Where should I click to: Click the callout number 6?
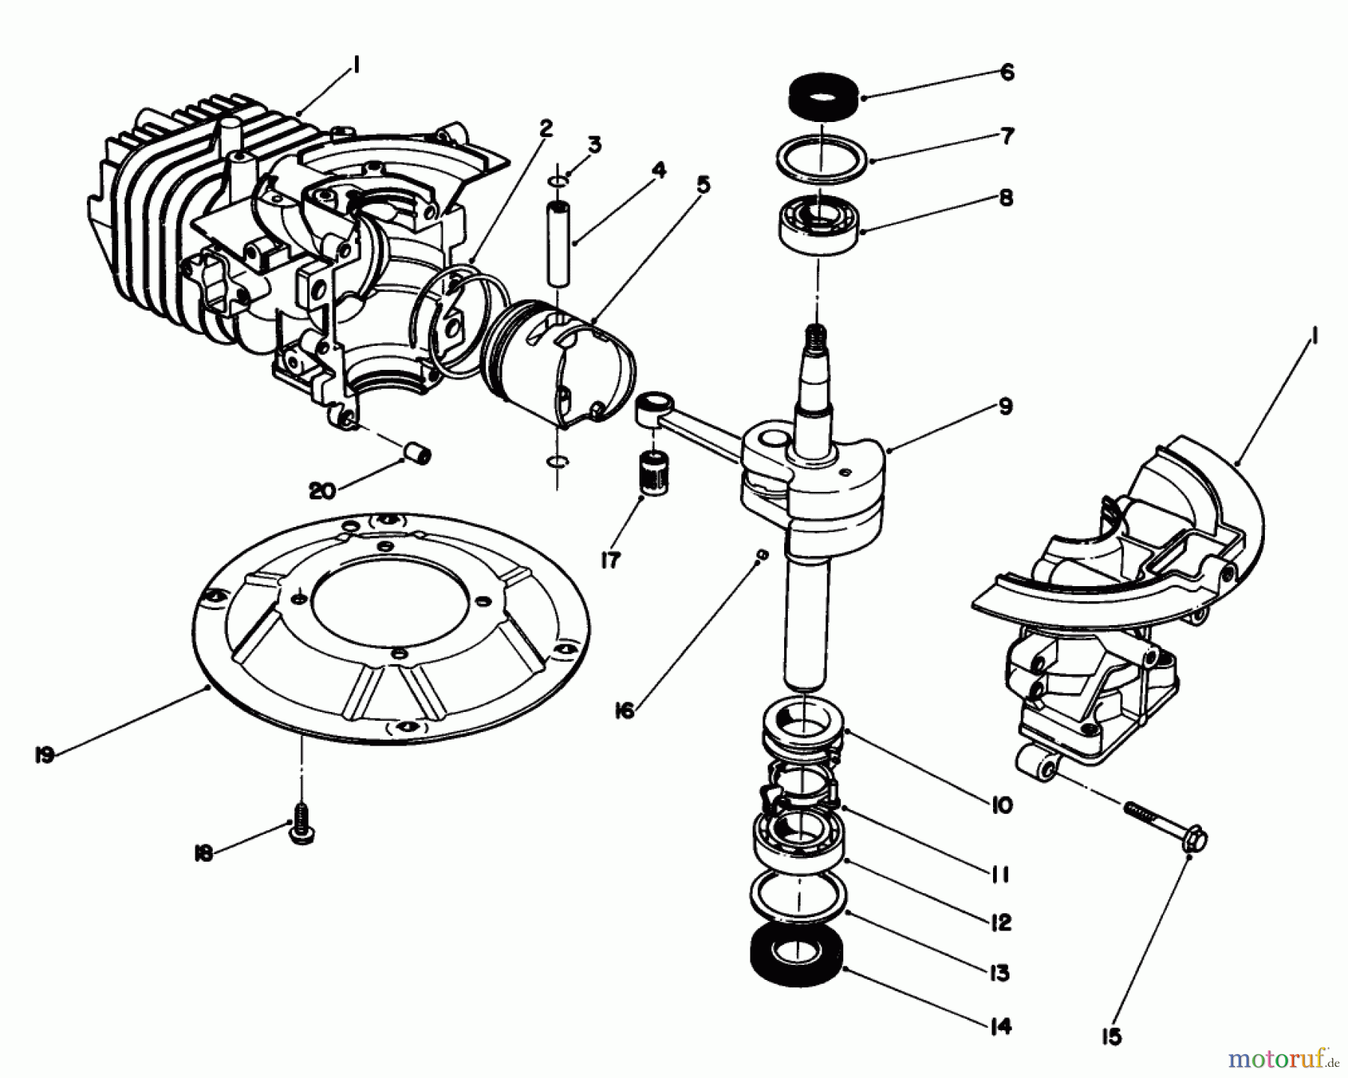tap(1007, 72)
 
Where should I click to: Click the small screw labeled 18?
tap(301, 831)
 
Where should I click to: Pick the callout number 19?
tap(44, 755)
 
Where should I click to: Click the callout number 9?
tap(1005, 406)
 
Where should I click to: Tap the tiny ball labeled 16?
tap(761, 554)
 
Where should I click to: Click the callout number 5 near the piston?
tap(702, 185)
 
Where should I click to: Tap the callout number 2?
tap(545, 128)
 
